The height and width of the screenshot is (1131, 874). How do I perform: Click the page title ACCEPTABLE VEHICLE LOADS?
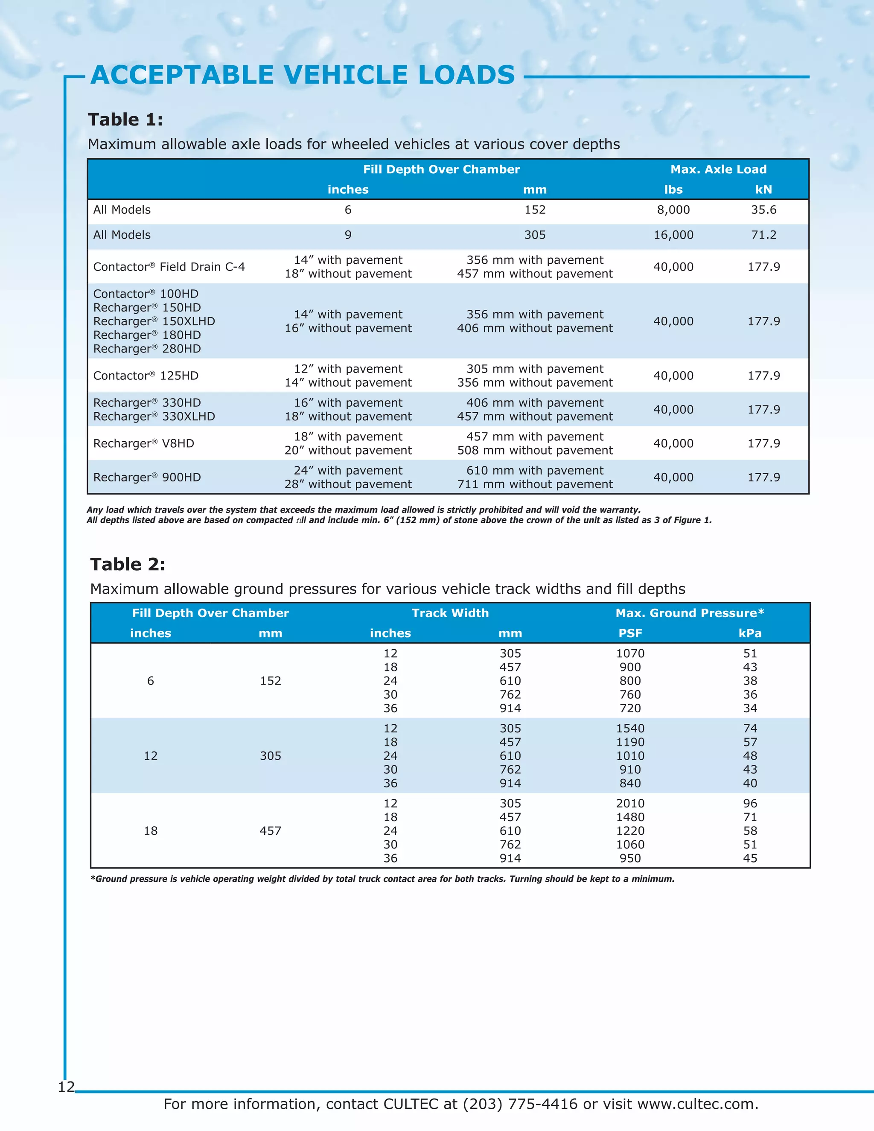(303, 75)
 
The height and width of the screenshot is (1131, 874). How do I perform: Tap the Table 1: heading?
(125, 120)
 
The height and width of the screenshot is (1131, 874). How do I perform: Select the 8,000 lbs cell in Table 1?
(673, 210)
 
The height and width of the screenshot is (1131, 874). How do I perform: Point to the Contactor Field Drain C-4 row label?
(169, 267)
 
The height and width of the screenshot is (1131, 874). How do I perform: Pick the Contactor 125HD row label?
(146, 376)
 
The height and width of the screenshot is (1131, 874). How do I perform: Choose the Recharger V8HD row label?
(143, 444)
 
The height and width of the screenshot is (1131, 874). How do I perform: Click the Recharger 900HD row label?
(147, 478)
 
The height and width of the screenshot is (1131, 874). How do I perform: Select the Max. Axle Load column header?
(718, 169)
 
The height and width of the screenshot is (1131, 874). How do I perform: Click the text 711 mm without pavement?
(534, 485)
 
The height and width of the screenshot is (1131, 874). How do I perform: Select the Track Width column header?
(450, 613)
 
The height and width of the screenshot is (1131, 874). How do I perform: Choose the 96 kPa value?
(750, 804)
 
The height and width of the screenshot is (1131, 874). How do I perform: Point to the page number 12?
(66, 1087)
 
